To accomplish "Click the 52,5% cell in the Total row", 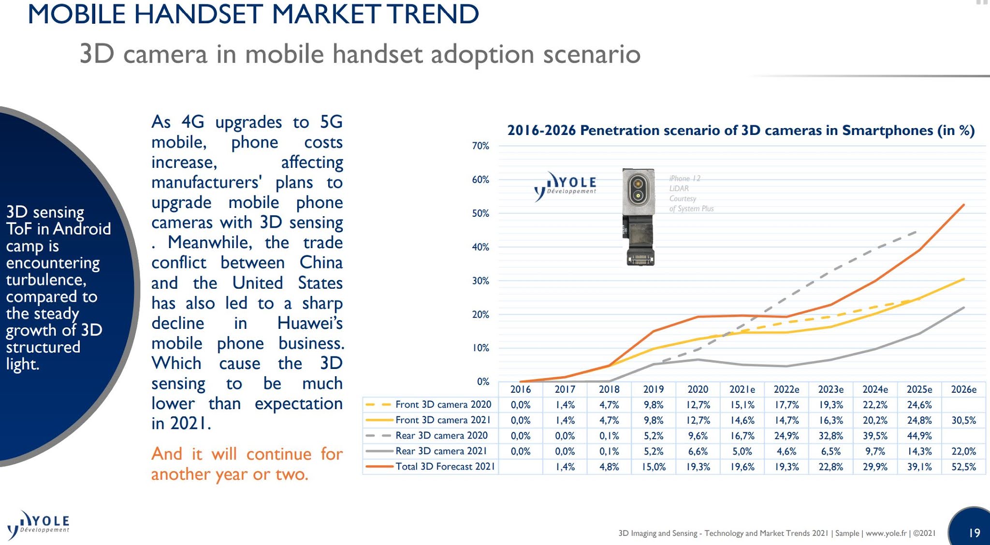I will pos(963,467).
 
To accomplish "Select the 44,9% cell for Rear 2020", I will pos(919,436).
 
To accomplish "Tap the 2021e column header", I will pos(742,389).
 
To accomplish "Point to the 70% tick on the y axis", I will pos(480,146).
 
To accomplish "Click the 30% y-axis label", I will pos(480,281).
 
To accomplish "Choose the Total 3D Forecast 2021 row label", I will pos(445,467).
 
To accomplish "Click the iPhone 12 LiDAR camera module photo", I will pos(639,217).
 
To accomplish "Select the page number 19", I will pos(974,532).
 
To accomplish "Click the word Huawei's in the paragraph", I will pos(310,323).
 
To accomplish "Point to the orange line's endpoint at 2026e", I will pos(963,205).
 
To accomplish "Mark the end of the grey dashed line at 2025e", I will pos(917,233).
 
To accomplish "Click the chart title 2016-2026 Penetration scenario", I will pos(740,131).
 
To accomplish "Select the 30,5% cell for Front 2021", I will pos(963,420).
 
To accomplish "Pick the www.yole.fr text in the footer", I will pos(886,533).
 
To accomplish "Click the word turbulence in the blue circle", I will pos(46,280).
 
